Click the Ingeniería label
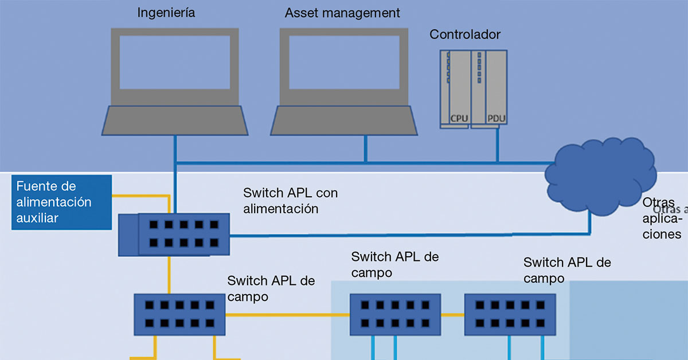(166, 13)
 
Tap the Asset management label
(342, 13)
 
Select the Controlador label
(465, 34)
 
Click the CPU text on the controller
(459, 119)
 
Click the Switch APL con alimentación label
(290, 200)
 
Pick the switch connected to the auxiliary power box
(174, 235)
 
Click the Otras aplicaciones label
(662, 219)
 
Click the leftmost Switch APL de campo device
(179, 314)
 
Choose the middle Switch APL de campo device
(396, 314)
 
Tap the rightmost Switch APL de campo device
(509, 314)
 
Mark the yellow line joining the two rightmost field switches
(452, 314)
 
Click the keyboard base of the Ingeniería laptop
(175, 120)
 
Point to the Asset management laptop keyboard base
(344, 120)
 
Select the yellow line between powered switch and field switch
(170, 275)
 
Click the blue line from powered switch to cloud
(401, 234)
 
